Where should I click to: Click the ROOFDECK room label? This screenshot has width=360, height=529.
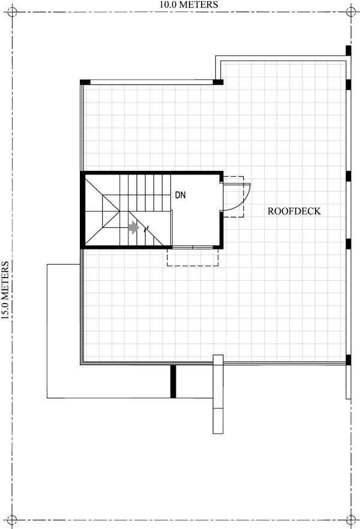[x=294, y=211]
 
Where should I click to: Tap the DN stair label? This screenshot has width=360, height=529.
[x=180, y=195]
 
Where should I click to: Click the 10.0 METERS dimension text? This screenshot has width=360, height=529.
[x=189, y=5]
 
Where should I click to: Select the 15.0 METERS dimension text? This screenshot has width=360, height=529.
[x=5, y=290]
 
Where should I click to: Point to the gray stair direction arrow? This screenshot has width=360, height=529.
[x=134, y=227]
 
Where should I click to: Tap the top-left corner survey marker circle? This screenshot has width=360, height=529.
[x=12, y=12]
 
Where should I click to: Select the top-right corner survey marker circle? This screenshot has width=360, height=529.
[x=351, y=12]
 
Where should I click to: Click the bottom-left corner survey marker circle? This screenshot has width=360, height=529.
[x=12, y=520]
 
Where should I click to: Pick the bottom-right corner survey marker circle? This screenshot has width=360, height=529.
[x=351, y=520]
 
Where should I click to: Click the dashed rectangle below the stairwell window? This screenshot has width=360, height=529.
[x=193, y=258]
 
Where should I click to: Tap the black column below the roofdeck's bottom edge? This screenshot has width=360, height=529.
[x=173, y=381]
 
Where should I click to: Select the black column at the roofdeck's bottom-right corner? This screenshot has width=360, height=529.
[x=349, y=360]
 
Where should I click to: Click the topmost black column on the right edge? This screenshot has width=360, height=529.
[x=349, y=50]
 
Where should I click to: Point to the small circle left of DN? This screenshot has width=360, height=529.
[x=171, y=195]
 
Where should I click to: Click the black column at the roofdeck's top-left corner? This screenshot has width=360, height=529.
[x=85, y=82]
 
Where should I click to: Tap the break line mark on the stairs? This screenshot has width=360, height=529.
[x=146, y=229]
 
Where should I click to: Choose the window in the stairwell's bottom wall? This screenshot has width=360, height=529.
[x=193, y=248]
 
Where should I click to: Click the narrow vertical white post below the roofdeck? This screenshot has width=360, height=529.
[x=218, y=394]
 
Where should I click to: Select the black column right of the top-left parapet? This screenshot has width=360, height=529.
[x=218, y=82]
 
